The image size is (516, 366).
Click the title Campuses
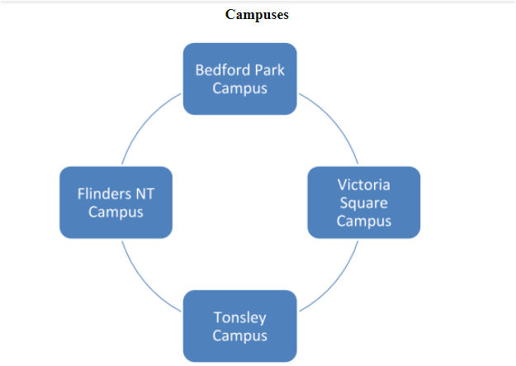tap(257, 15)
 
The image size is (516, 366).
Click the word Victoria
tap(363, 184)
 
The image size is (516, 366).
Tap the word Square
tap(363, 202)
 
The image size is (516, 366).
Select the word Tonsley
tap(239, 318)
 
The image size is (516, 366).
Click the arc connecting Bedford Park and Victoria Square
tap(335, 124)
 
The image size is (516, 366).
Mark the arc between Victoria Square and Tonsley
tap(335, 281)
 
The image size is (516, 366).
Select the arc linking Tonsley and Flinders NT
tap(144, 281)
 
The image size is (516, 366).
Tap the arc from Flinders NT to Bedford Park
tap(144, 124)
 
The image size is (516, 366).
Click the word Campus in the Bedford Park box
tap(239, 88)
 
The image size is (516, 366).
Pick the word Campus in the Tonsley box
tap(239, 336)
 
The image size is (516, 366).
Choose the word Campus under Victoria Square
tap(363, 221)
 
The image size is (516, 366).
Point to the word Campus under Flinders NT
tap(116, 212)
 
